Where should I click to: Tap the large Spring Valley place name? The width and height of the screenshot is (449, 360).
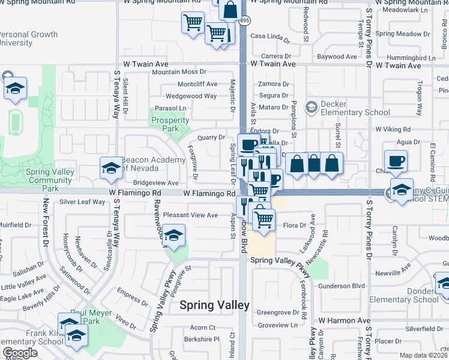tap(214, 305)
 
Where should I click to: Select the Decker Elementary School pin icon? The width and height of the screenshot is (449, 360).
tap(311, 107)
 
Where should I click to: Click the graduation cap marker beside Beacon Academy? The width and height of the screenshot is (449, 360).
tap(110, 170)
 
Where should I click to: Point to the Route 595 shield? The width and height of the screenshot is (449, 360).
tap(244, 20)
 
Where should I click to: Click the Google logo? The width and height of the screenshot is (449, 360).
tap(19, 353)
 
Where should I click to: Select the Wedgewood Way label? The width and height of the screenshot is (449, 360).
tap(191, 95)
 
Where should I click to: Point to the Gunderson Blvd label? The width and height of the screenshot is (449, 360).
tap(342, 286)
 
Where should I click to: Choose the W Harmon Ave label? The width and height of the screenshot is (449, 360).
tap(344, 321)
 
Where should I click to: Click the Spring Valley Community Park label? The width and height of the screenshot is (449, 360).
tap(50, 180)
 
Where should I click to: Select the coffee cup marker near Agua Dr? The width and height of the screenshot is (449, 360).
tap(396, 161)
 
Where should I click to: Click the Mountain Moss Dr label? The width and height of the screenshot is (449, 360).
tap(179, 72)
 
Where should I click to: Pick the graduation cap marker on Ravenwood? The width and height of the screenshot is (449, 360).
tap(173, 236)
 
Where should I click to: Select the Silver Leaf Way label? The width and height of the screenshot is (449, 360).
tap(82, 202)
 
